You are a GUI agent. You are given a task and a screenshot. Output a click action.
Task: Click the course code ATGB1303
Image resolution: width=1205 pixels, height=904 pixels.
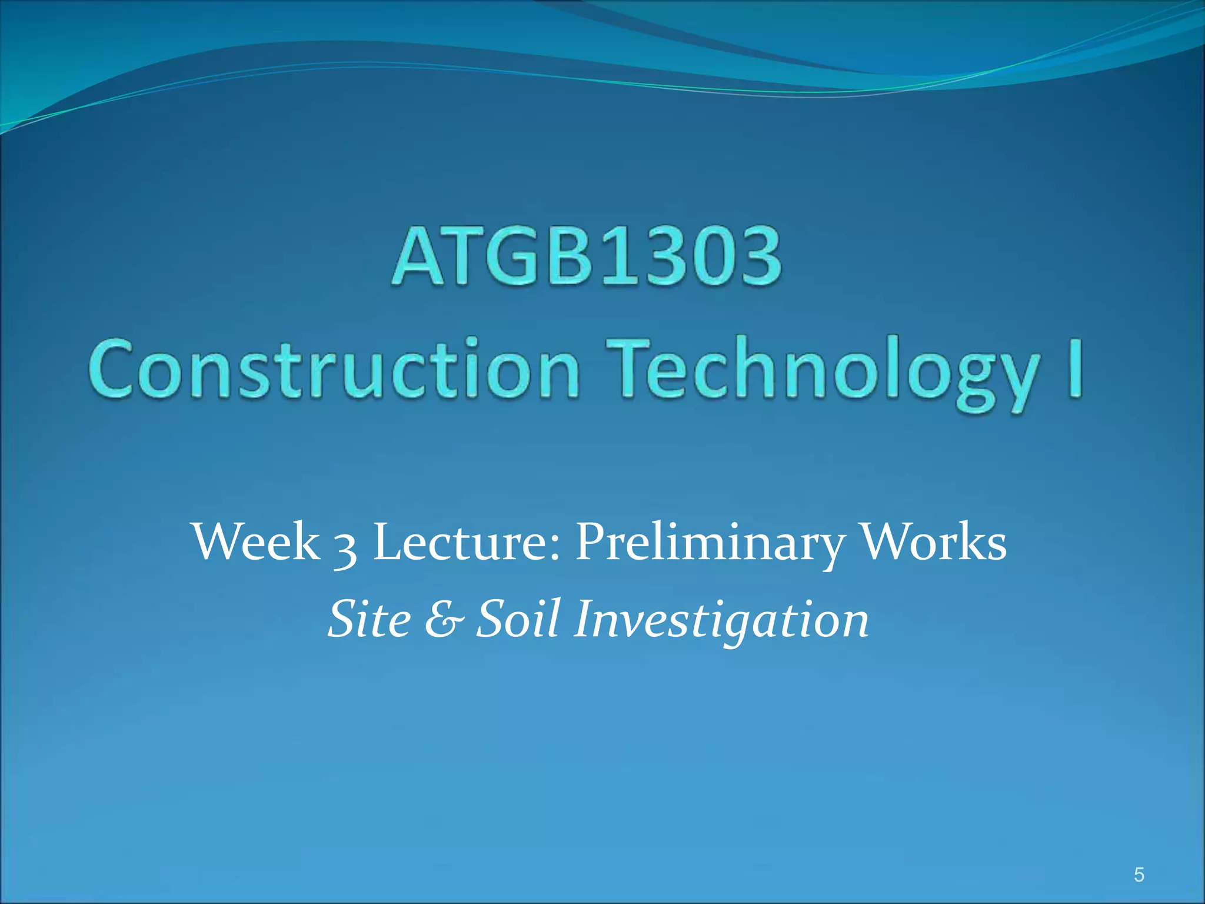(587, 258)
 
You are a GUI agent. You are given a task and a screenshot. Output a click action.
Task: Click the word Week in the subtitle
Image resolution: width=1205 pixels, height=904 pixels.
(256, 542)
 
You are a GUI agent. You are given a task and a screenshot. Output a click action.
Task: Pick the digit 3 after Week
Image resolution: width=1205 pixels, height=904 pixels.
(345, 547)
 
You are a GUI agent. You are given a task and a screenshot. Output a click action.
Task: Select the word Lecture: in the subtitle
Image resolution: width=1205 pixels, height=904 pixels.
(467, 542)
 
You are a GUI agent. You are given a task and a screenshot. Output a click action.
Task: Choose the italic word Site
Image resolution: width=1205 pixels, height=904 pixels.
(370, 619)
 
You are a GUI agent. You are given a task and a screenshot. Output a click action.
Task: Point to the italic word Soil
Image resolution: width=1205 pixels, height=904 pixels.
(518, 619)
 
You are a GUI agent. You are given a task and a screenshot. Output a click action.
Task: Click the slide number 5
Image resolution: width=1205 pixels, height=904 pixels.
(1139, 875)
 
